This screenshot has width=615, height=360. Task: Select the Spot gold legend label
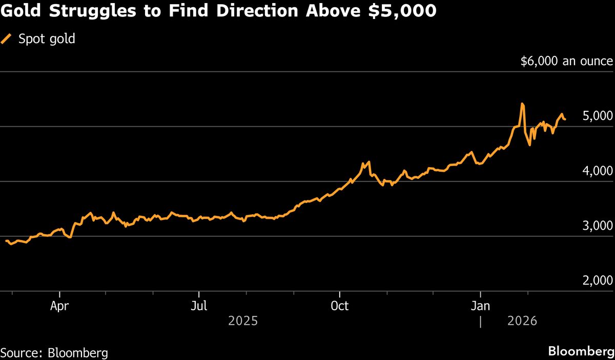(x=47, y=39)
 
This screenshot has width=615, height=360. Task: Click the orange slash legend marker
(x=7, y=39)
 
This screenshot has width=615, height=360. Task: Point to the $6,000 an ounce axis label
(x=566, y=61)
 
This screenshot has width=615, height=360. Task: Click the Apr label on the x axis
(x=60, y=306)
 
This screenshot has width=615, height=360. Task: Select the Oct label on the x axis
(x=339, y=306)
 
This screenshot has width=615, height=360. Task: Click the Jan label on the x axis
(x=480, y=306)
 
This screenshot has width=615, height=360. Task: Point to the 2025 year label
(x=243, y=322)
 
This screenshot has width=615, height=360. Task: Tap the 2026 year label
(x=522, y=322)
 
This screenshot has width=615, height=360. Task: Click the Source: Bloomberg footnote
(x=54, y=353)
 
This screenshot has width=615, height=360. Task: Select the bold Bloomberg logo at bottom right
(x=581, y=352)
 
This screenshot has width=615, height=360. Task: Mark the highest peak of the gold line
(x=522, y=104)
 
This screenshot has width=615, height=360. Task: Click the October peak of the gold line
(x=368, y=162)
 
